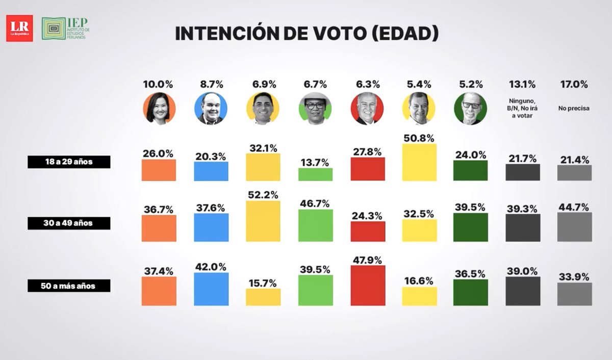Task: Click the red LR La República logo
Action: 19,28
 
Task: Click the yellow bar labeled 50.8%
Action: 419,162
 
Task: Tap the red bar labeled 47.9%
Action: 368,286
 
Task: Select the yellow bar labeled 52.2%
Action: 263,221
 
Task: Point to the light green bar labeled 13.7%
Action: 315,174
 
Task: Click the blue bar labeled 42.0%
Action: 211,289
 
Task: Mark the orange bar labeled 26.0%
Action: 159,170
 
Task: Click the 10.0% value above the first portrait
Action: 159,84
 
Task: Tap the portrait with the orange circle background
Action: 159,108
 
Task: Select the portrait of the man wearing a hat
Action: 315,108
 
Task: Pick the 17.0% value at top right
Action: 574,84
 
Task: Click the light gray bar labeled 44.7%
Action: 574,227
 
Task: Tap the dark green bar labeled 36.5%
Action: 471,292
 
